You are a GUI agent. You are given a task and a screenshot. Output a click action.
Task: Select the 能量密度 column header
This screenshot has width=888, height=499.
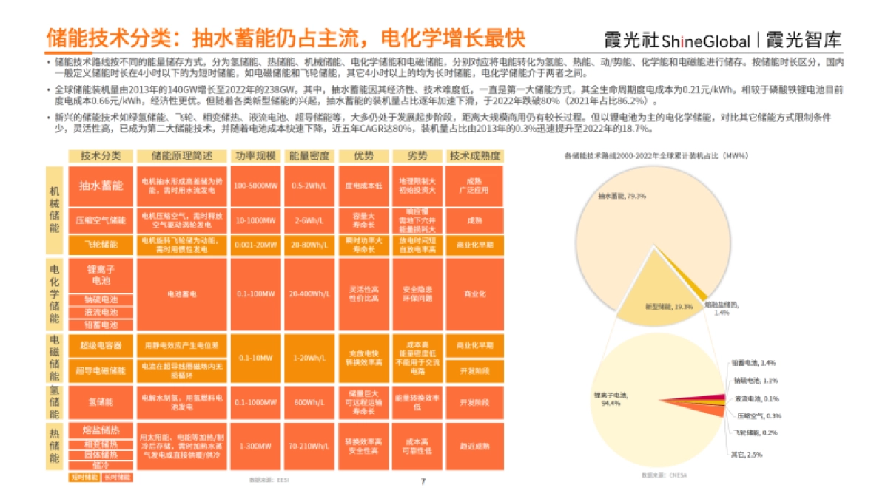309,156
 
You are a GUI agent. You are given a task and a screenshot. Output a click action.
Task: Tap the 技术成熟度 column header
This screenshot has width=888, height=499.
474,156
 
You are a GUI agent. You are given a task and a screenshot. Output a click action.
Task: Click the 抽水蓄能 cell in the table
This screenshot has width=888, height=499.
101,186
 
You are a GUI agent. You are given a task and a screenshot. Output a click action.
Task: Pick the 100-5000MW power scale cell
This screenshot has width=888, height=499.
255,186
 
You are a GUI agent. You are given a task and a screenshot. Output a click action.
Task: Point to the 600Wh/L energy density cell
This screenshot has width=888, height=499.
309,403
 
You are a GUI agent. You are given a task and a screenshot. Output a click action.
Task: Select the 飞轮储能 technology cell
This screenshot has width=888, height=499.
101,243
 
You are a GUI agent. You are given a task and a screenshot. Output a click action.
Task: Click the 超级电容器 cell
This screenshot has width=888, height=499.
101,345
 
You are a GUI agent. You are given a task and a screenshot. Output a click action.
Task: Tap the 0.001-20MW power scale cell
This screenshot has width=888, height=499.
255,243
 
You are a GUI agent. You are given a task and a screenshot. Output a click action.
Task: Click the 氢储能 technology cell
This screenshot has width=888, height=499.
101,403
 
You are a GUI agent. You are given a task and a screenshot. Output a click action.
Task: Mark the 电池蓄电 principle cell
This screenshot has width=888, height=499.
182,293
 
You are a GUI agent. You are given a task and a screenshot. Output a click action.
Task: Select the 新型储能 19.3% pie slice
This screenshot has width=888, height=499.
658,306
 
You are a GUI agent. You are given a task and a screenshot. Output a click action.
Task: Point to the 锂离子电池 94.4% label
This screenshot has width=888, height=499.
610,399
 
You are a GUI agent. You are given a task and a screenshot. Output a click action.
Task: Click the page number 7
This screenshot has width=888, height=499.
423,481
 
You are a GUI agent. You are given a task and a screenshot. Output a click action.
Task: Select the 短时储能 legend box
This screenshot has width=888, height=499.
84,477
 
